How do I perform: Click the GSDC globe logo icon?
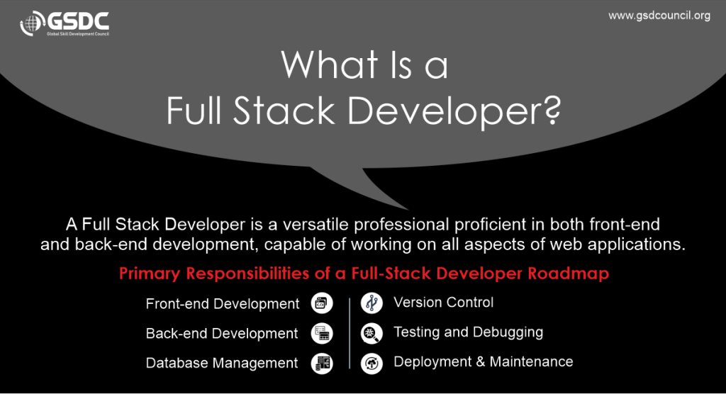coord(31,23)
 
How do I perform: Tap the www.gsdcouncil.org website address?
coord(659,16)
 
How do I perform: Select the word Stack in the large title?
coord(284,111)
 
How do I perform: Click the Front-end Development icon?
coord(322,304)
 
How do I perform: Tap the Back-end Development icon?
coord(322,333)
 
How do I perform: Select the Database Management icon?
coord(322,363)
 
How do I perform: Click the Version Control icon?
coord(372,303)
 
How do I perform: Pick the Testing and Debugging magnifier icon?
coord(372,333)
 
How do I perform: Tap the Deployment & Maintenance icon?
coord(372,363)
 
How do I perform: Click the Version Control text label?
coord(444,303)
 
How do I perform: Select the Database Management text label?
coord(222,363)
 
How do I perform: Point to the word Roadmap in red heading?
coord(569,273)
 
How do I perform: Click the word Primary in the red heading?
coord(150,274)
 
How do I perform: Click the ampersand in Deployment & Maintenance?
coord(481,361)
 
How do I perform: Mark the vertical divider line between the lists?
coord(350,333)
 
